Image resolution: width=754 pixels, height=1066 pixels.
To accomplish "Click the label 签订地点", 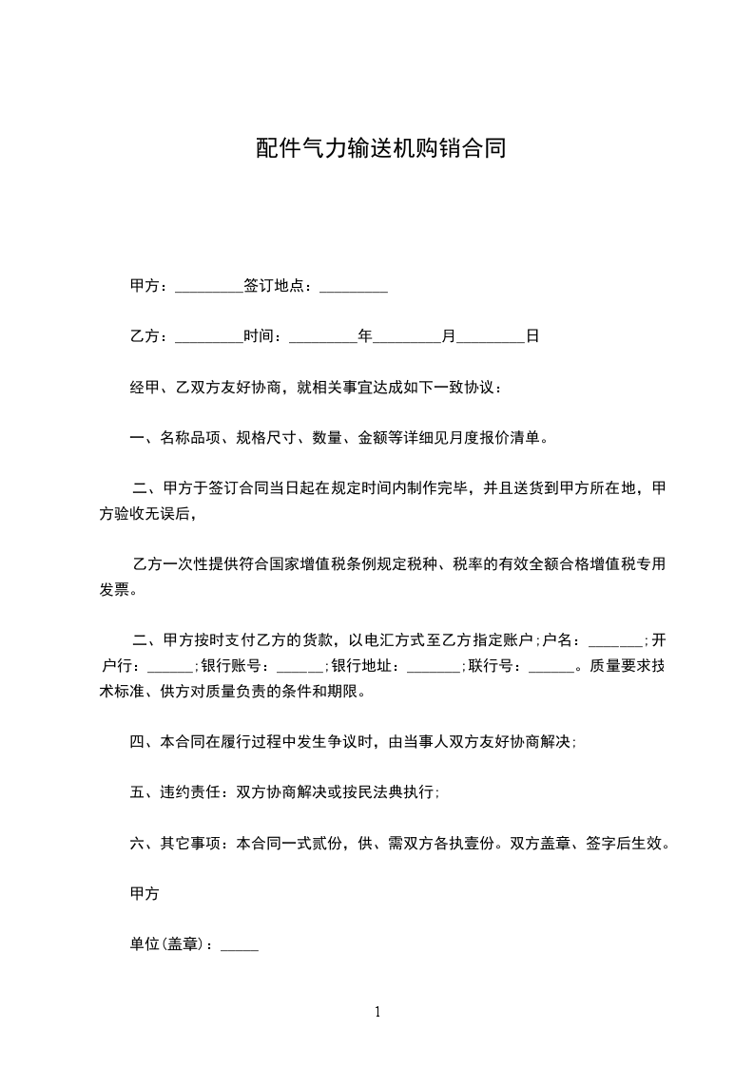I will click(x=277, y=285).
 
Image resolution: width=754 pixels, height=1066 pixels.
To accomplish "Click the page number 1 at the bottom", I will click(x=377, y=1012).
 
